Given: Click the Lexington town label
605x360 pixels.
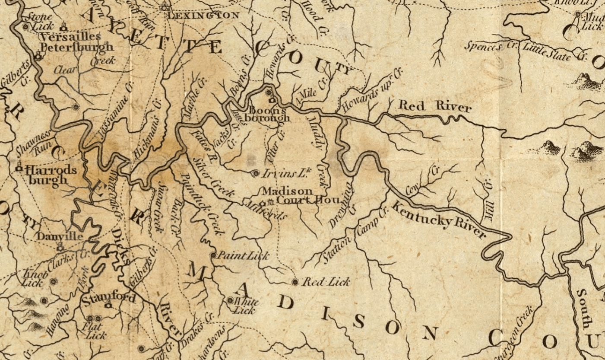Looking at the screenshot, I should pos(203,16).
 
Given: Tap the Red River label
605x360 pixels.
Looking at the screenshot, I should pos(434,106).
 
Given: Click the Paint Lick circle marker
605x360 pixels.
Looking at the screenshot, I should pos(213,255).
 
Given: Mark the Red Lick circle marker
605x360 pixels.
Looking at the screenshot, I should pos(295,282).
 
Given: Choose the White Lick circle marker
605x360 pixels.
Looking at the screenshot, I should pos(230,300).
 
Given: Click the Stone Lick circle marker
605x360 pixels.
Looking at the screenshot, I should pos(25,26).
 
